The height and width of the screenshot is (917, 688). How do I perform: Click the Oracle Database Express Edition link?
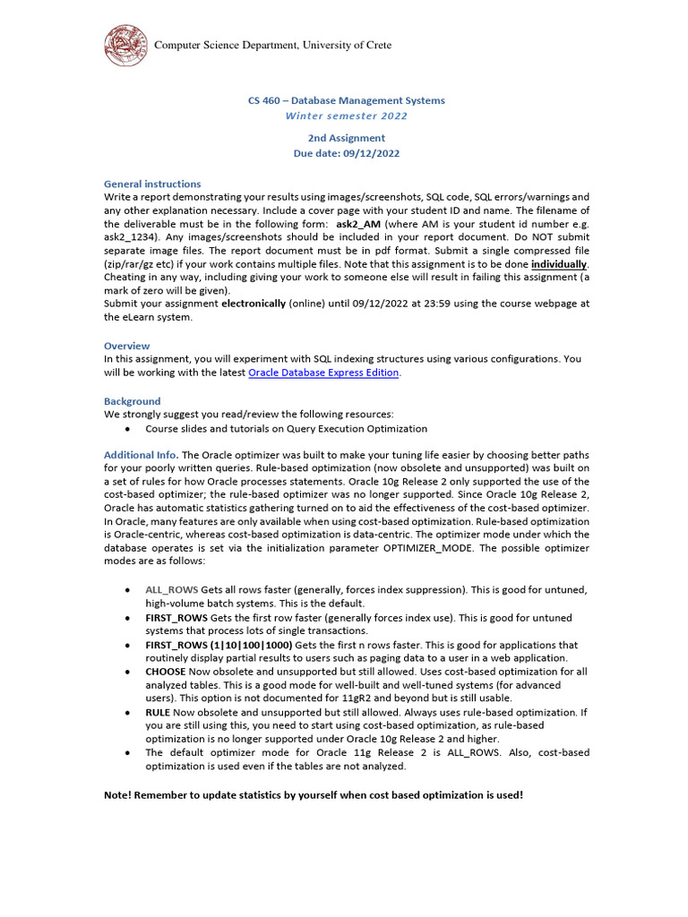pyautogui.click(x=323, y=373)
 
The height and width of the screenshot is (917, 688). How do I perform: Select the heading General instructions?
pyautogui.click(x=152, y=184)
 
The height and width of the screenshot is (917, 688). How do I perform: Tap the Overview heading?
pyautogui.click(x=126, y=346)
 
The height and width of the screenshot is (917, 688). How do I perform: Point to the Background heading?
pyautogui.click(x=133, y=401)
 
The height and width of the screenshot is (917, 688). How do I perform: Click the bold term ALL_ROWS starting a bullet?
pyautogui.click(x=172, y=590)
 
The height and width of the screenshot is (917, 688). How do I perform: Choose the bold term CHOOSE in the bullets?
pyautogui.click(x=166, y=671)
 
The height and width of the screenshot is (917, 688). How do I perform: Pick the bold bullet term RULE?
pyautogui.click(x=158, y=712)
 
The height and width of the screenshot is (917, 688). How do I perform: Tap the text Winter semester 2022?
pyautogui.click(x=346, y=116)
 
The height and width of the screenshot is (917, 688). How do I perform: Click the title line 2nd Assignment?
pyautogui.click(x=346, y=138)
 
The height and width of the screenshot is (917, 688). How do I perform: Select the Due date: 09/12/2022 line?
pyautogui.click(x=346, y=153)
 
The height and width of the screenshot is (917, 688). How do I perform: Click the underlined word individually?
pyautogui.click(x=560, y=265)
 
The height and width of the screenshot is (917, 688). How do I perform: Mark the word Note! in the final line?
pyautogui.click(x=119, y=794)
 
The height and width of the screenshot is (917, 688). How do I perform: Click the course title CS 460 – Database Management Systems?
pyautogui.click(x=346, y=100)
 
